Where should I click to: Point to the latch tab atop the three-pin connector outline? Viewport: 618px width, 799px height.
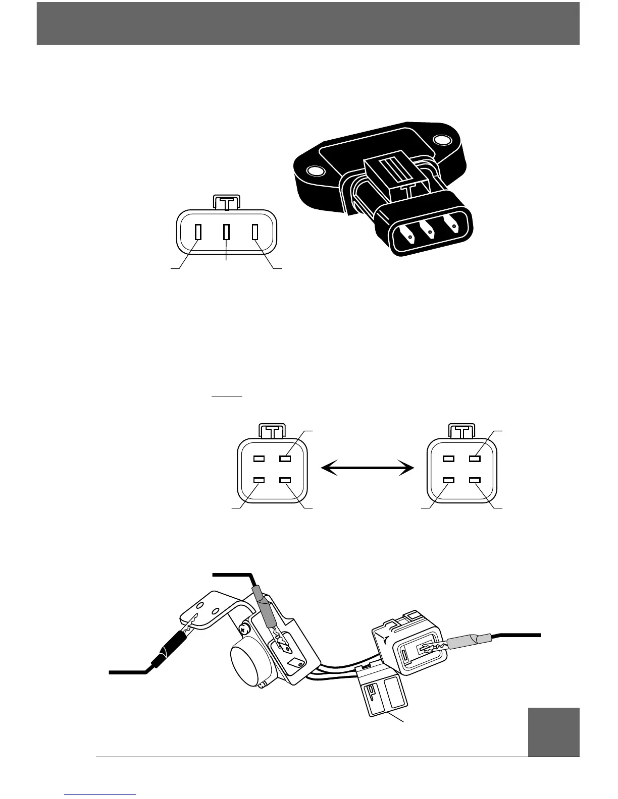[227, 203]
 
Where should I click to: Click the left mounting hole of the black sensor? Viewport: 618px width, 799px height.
[314, 172]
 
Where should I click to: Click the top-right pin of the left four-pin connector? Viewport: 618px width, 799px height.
[286, 459]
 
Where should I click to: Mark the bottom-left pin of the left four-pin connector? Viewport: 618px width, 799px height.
[259, 480]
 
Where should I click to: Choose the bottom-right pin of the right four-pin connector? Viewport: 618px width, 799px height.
[475, 480]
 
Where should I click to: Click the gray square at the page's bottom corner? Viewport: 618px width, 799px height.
[553, 732]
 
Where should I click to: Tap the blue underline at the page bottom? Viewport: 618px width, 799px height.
[100, 794]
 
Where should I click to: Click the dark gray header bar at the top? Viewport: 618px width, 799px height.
[308, 23]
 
